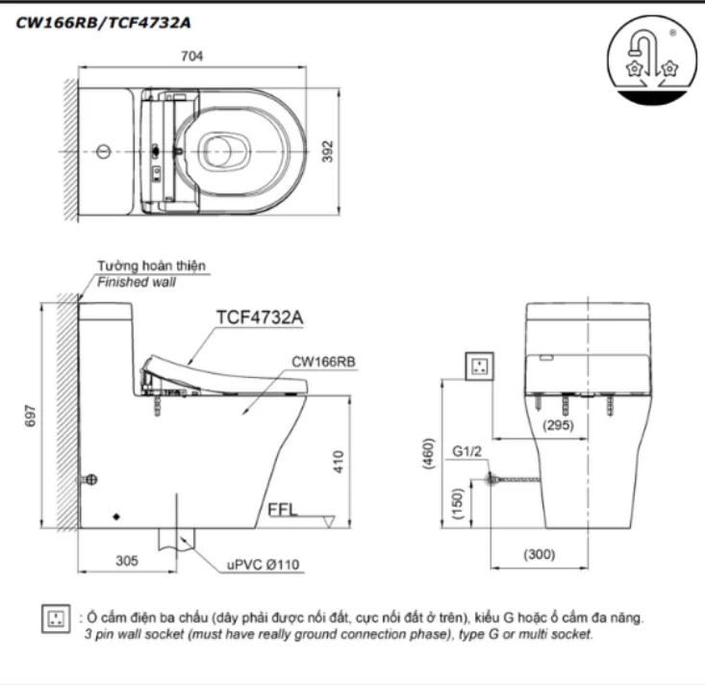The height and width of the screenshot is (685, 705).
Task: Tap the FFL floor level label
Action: [x=286, y=510]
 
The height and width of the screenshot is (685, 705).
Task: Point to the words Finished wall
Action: [x=136, y=283]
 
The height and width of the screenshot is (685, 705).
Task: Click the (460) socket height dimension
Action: [x=429, y=453]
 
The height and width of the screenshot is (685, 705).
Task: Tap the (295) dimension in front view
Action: [x=561, y=423]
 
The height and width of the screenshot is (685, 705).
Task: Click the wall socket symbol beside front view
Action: [x=480, y=366]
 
